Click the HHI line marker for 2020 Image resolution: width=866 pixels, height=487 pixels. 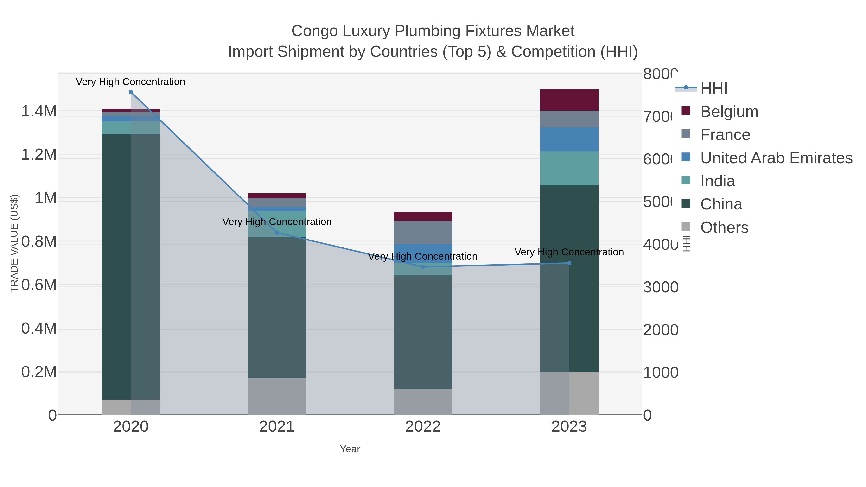131,92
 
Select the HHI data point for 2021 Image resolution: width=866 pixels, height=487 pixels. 277,233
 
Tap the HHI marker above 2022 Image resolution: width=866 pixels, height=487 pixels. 423,267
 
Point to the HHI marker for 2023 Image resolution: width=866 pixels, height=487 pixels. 569,263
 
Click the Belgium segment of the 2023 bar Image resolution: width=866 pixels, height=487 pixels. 569,100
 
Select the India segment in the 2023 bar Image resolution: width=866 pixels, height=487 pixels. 569,168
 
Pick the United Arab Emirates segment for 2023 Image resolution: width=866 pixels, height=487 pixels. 569,139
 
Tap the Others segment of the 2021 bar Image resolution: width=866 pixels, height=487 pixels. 277,396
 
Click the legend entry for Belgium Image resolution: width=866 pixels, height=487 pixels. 729,112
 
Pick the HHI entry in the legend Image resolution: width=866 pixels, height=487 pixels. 714,89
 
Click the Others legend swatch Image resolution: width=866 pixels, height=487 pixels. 686,227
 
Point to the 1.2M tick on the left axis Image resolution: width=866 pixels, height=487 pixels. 39,155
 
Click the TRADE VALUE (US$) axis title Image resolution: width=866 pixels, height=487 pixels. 14,243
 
